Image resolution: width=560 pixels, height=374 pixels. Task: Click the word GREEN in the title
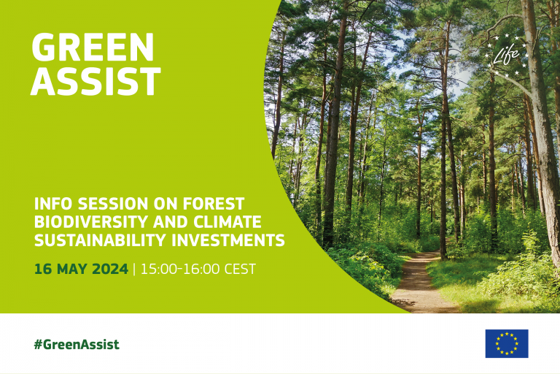(93, 47)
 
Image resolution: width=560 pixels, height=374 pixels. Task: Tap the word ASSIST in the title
(96, 82)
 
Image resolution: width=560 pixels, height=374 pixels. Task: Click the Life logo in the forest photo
(507, 55)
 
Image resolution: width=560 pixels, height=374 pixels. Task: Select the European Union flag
(507, 343)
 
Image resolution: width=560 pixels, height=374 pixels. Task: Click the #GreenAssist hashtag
(77, 344)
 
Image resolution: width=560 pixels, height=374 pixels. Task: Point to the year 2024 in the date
(110, 269)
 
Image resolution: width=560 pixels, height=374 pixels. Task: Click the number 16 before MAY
(43, 269)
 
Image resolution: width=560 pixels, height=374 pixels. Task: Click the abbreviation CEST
(240, 269)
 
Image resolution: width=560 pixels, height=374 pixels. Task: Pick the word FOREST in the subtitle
(214, 204)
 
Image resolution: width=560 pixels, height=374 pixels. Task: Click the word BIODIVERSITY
(91, 222)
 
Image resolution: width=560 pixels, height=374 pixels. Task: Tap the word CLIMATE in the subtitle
(227, 222)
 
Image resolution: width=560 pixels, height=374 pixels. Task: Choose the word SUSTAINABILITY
(101, 240)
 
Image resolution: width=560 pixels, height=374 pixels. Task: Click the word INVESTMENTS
(228, 240)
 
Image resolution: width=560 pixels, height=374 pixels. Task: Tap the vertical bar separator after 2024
(134, 269)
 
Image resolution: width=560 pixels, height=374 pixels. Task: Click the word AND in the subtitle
(171, 222)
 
